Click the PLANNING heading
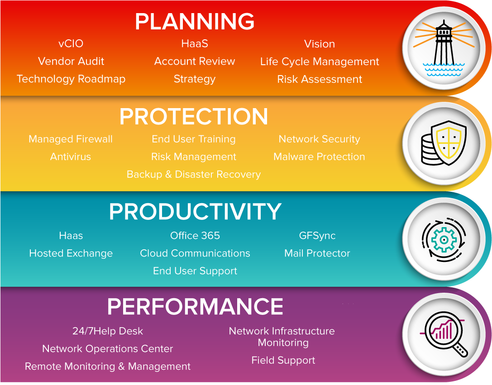[x=195, y=21]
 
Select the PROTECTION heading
[x=194, y=116]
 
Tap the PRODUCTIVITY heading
[x=195, y=211]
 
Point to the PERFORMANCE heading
[x=195, y=306]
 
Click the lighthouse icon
[x=444, y=48]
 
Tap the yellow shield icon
[x=449, y=143]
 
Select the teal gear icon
[x=444, y=240]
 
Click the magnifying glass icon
[x=444, y=334]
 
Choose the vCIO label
[x=71, y=43]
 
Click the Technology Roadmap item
[x=71, y=79]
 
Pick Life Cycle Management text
[x=320, y=62]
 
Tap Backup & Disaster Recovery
[x=194, y=174]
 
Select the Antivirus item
[x=71, y=157]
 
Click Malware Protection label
[x=319, y=157]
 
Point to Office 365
[x=195, y=236]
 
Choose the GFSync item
[x=317, y=236]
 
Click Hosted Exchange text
[x=71, y=253]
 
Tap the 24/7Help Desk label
[x=108, y=331]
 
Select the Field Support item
[x=283, y=361]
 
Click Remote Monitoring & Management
[x=108, y=366]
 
